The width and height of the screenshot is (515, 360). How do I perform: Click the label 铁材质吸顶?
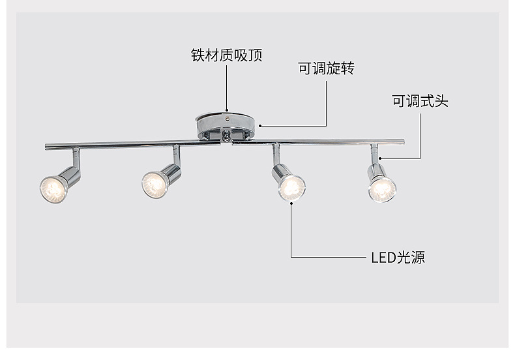click(x=226, y=55)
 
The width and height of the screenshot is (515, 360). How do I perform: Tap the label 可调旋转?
click(x=326, y=68)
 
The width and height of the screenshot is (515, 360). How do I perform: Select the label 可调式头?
click(x=420, y=101)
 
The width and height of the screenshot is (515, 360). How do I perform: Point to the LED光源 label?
click(x=398, y=257)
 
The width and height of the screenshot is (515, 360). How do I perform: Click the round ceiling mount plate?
click(x=225, y=123)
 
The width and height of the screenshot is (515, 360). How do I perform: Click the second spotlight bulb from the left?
click(x=154, y=184)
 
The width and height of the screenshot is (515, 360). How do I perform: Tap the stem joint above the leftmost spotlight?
click(x=76, y=157)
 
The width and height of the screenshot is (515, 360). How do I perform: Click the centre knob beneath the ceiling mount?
click(x=226, y=137)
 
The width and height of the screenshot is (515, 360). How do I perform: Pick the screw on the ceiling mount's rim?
click(x=226, y=120)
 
